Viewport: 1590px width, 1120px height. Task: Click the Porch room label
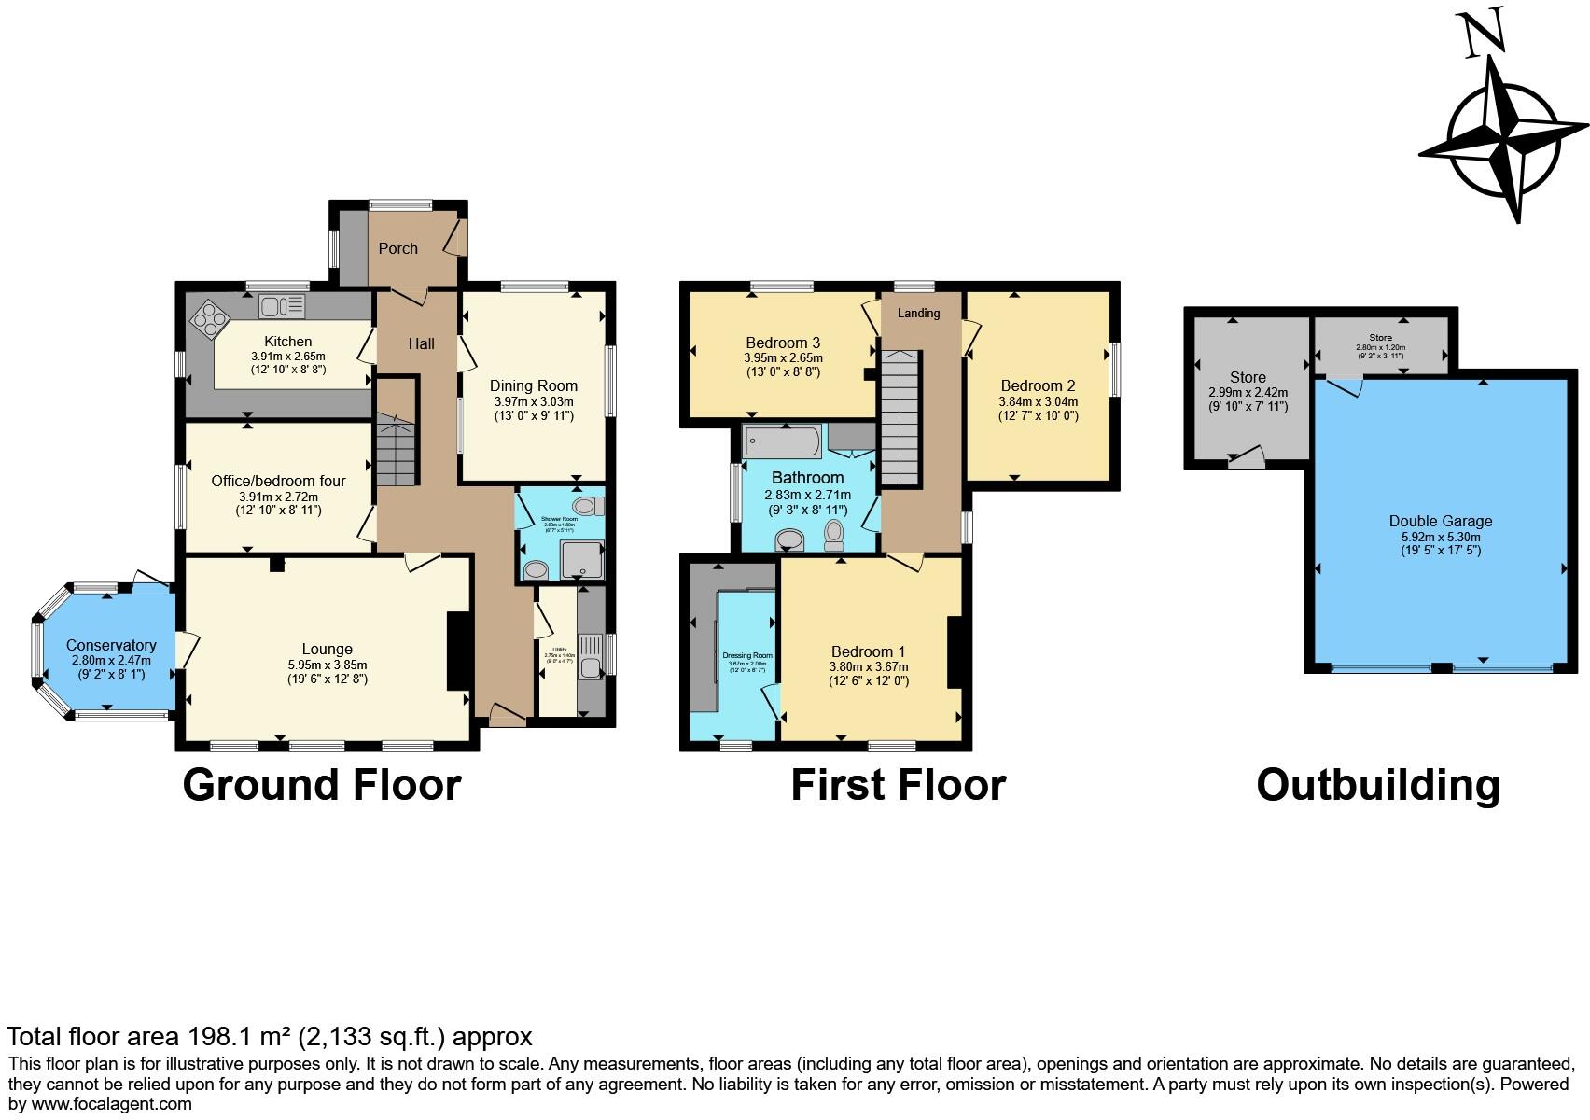pos(397,248)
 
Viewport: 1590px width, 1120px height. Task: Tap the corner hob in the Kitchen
pos(210,318)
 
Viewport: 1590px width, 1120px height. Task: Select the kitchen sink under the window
pos(283,305)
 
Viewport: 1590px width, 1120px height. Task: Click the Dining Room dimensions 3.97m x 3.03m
pos(534,401)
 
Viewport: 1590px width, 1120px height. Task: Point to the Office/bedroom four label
pos(278,481)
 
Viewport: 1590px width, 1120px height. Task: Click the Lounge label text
pos(327,649)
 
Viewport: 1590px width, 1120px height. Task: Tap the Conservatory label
pos(111,645)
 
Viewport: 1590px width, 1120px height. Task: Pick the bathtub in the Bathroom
pos(782,442)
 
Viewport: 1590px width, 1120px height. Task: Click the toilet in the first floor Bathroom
pos(834,534)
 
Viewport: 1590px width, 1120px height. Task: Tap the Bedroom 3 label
pos(783,343)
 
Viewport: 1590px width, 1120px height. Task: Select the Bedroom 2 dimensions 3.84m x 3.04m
pos(1039,401)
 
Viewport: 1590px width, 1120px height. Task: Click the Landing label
pos(918,314)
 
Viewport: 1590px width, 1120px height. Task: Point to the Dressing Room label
pos(747,655)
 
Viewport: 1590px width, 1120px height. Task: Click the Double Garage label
pos(1440,522)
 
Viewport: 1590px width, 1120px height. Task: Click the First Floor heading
pos(898,785)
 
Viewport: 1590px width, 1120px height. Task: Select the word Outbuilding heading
pos(1377,785)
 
